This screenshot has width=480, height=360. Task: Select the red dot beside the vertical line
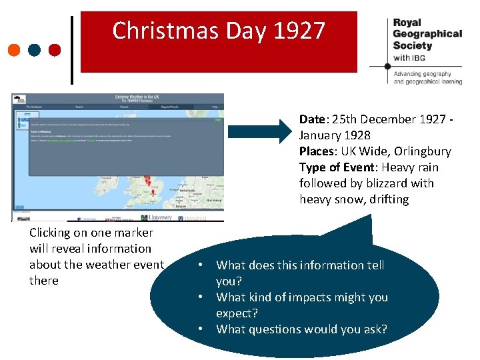[55, 49]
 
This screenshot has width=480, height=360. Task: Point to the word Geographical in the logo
[427, 33]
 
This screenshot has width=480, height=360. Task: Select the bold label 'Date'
[311, 119]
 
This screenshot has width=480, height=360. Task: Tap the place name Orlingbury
[423, 151]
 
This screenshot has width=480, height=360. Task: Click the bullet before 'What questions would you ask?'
[200, 329]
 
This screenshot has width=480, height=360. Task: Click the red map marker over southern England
[153, 191]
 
